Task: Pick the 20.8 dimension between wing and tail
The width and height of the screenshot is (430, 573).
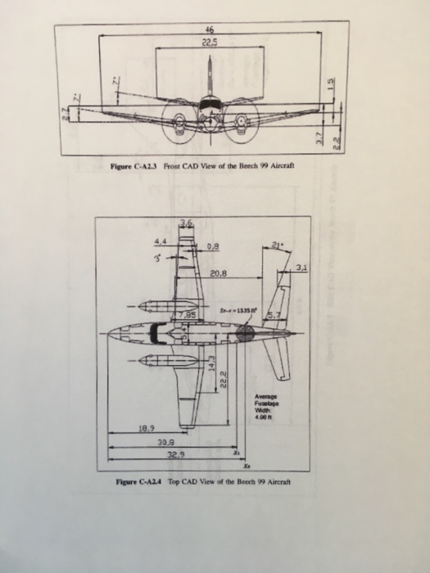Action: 218,274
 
